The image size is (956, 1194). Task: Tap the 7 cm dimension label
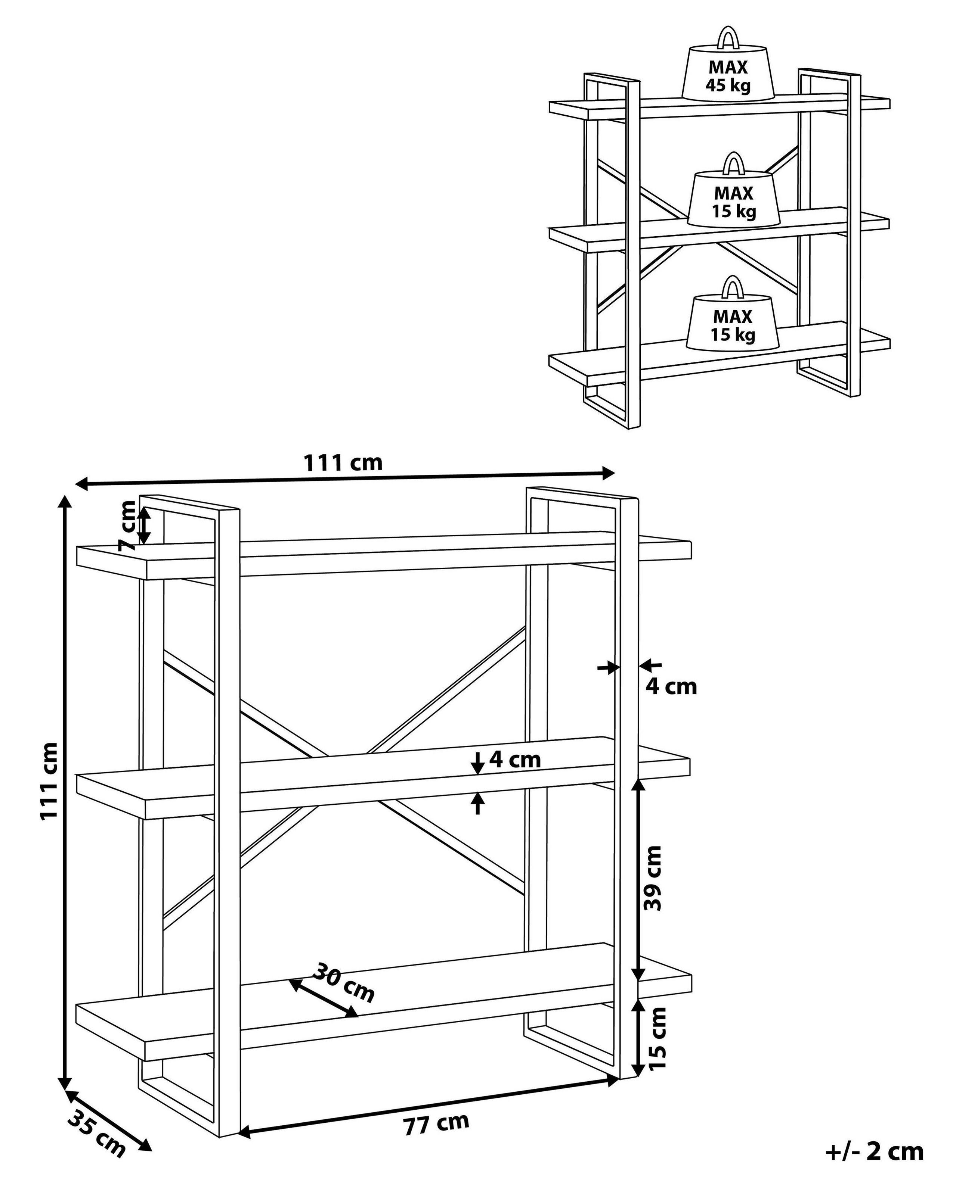tap(129, 524)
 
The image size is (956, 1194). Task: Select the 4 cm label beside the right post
tap(671, 687)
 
